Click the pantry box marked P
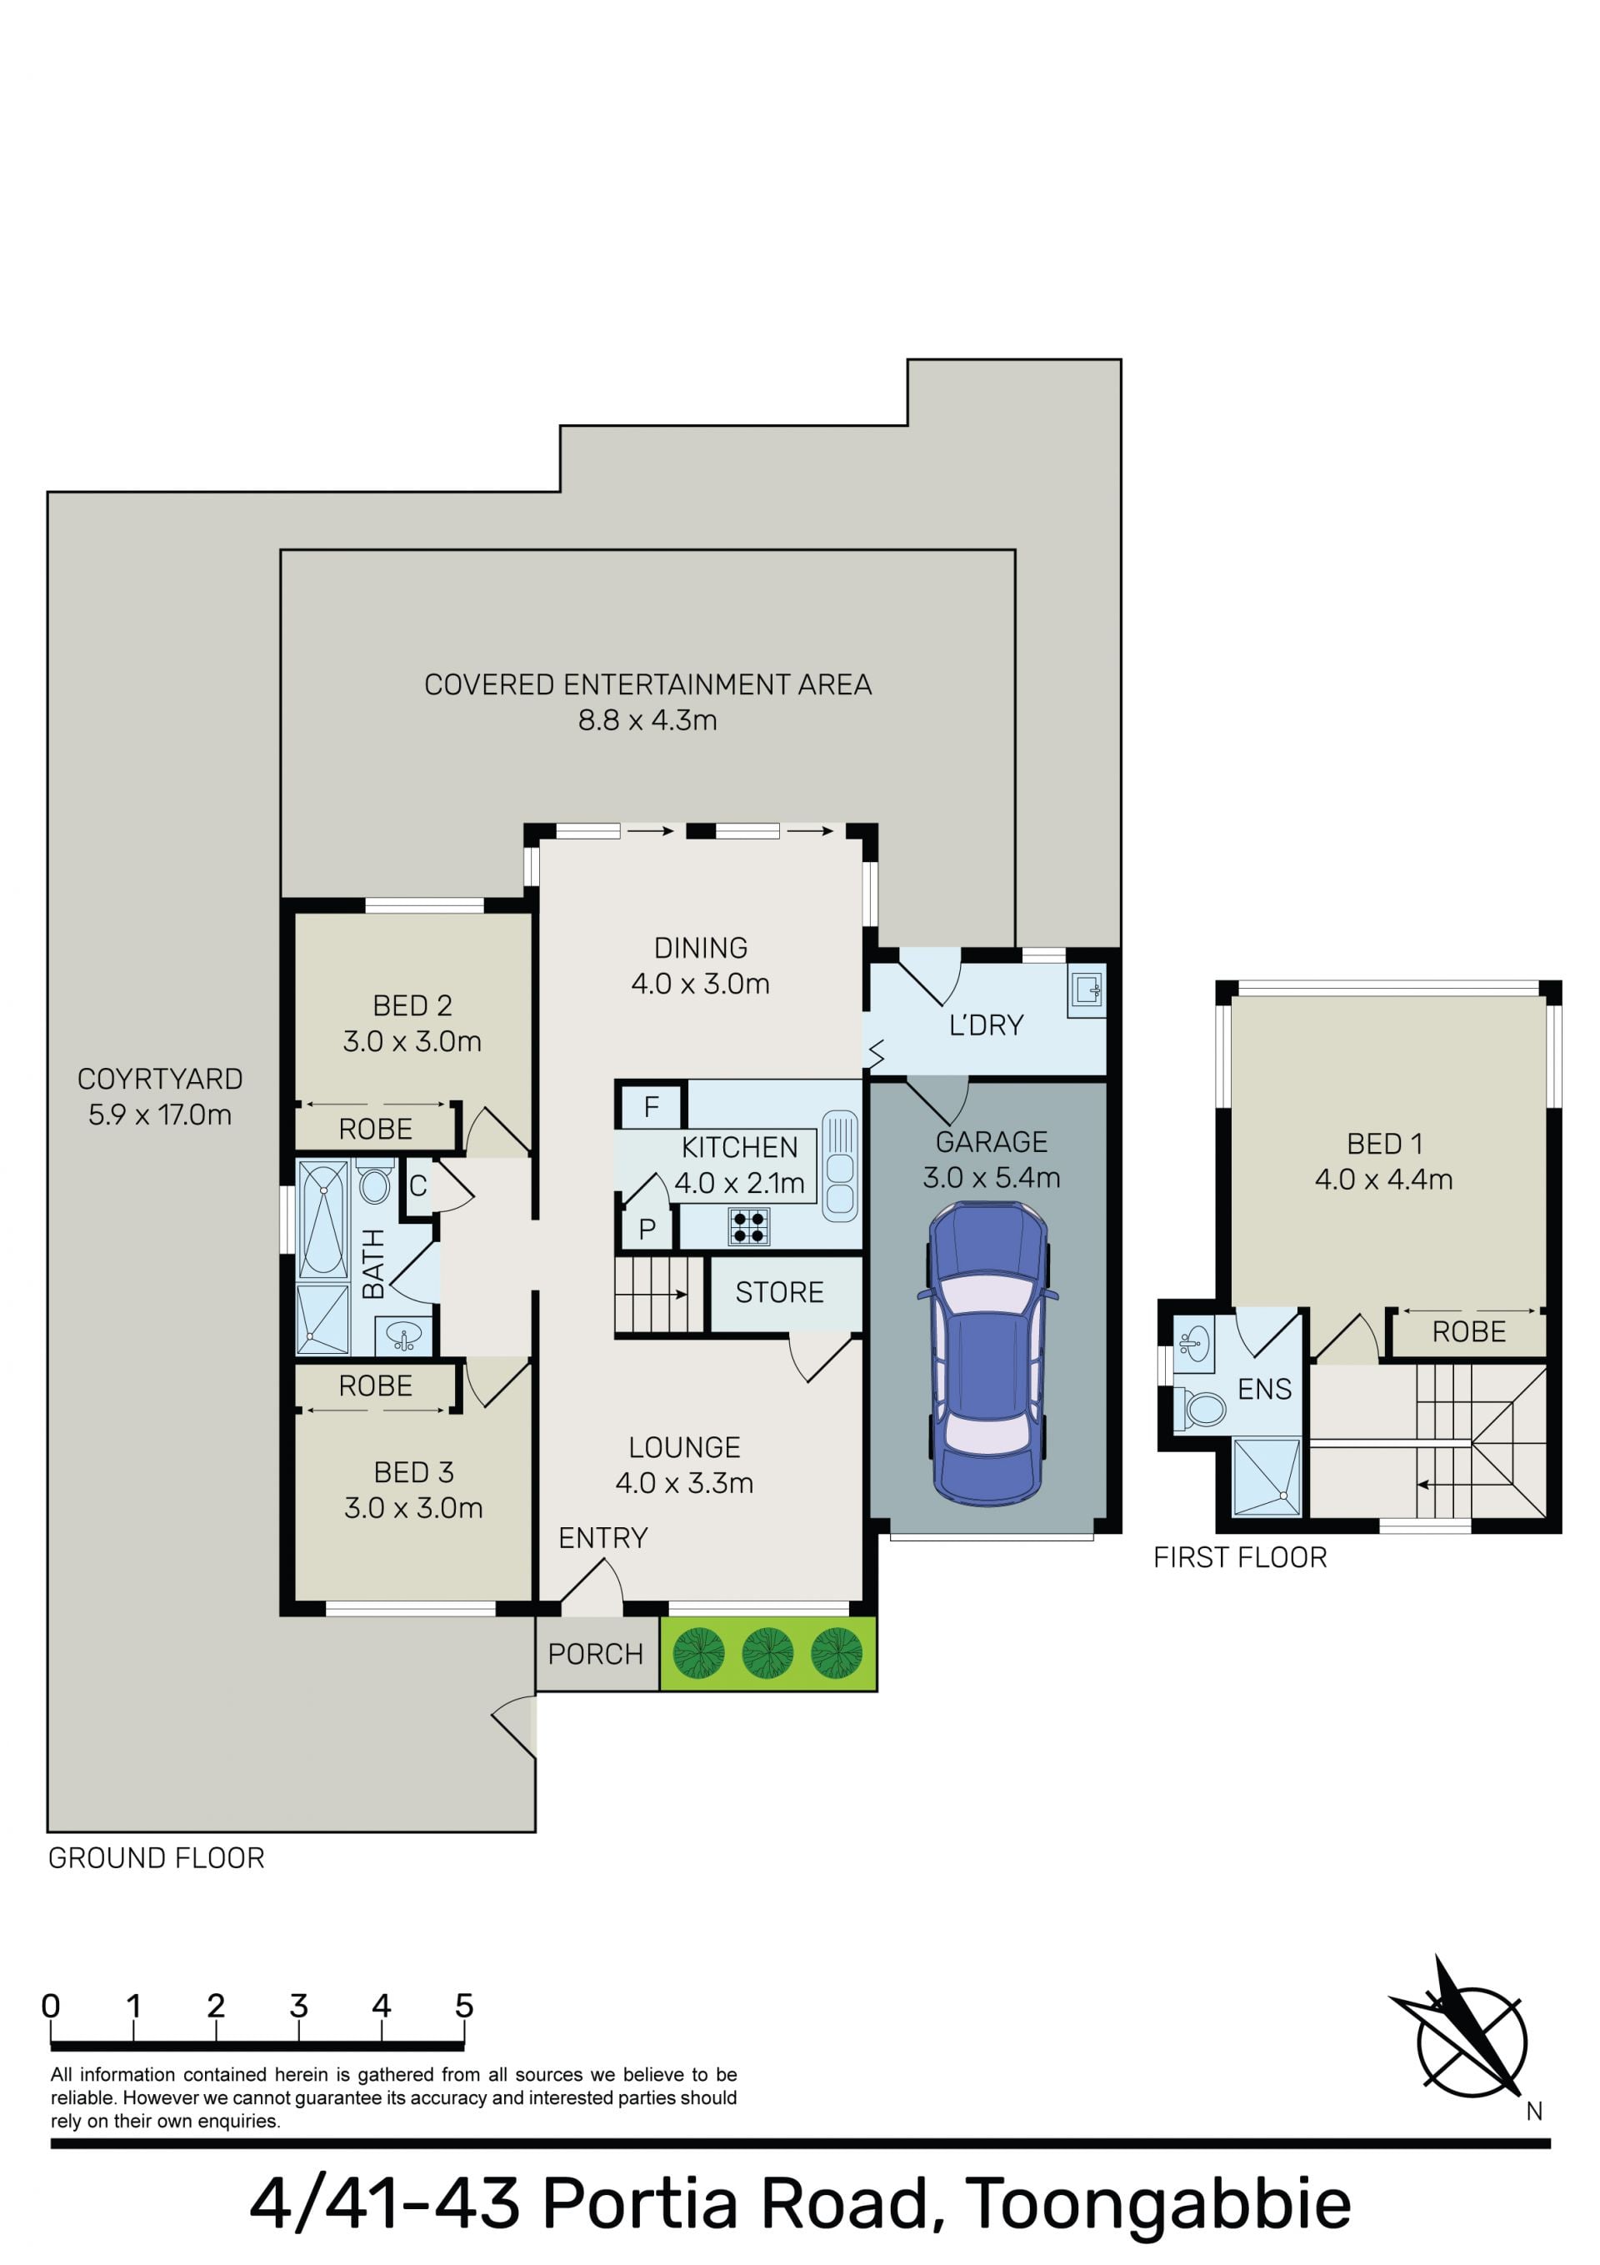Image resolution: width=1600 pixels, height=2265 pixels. [x=647, y=1228]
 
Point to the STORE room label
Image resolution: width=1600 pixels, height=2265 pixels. [x=779, y=1292]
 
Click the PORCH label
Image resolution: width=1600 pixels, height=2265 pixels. [x=596, y=1654]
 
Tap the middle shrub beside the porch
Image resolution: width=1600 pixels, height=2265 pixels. [x=767, y=1653]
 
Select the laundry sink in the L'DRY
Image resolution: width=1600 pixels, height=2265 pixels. [x=1086, y=990]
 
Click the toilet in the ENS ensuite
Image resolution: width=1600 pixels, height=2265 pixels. [x=1198, y=1409]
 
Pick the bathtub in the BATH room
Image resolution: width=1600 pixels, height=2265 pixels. [x=323, y=1220]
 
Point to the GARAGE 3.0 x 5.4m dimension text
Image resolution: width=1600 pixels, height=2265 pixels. [x=992, y=1177]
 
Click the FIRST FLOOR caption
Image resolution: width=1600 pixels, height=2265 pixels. [x=1240, y=1558]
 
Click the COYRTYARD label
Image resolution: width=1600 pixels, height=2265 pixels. [x=160, y=1080]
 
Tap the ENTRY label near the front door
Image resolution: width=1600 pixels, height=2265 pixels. [x=602, y=1538]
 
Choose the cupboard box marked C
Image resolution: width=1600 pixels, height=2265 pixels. [x=417, y=1185]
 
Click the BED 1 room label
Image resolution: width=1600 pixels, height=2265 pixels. [x=1384, y=1144]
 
